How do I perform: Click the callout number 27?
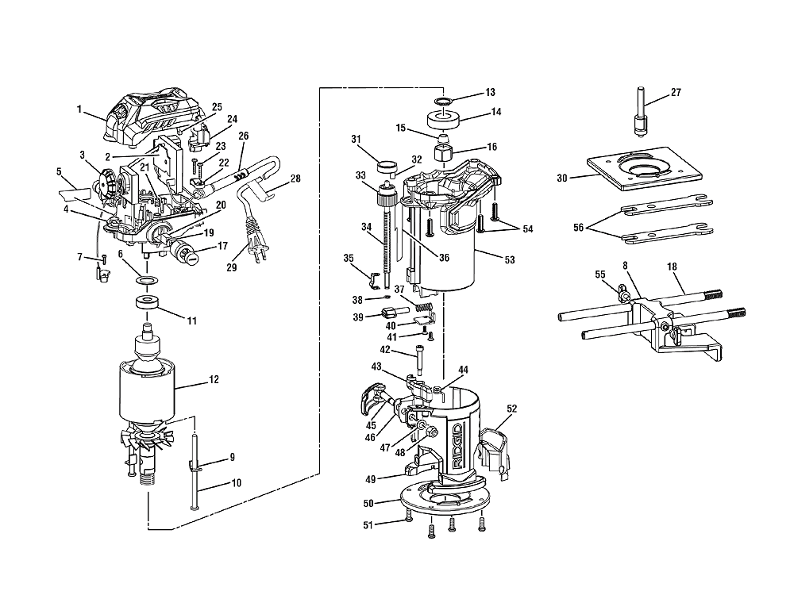click(676, 92)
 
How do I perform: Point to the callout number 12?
click(214, 380)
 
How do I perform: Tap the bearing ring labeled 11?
click(148, 303)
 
